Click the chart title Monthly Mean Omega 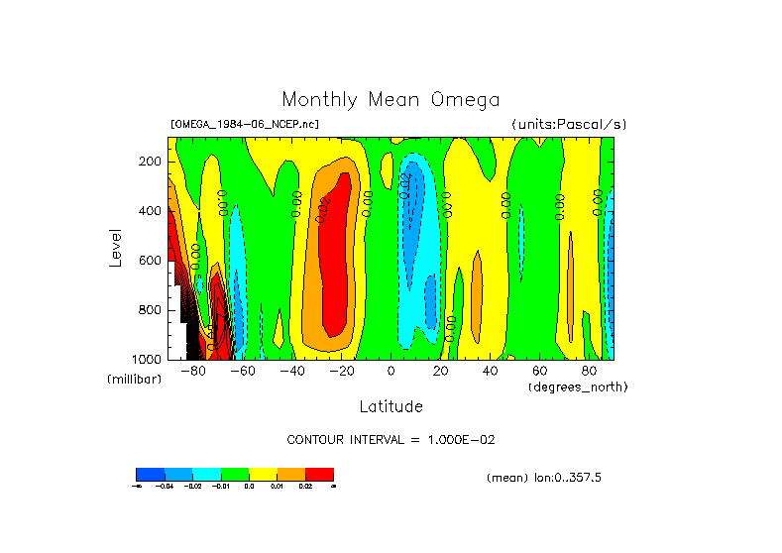tap(391, 100)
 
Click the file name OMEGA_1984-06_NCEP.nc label tap(245, 124)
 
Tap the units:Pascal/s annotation tap(569, 124)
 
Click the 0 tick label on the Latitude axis tap(391, 372)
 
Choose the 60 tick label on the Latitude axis tap(540, 372)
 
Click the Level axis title tap(116, 248)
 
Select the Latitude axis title tap(391, 406)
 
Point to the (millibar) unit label tap(134, 381)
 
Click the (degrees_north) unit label tap(578, 386)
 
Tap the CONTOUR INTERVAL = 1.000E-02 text tap(391, 439)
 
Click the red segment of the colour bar tap(319, 474)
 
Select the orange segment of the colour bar tap(291, 474)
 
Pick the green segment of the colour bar tap(235, 474)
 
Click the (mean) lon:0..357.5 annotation tap(544, 478)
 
